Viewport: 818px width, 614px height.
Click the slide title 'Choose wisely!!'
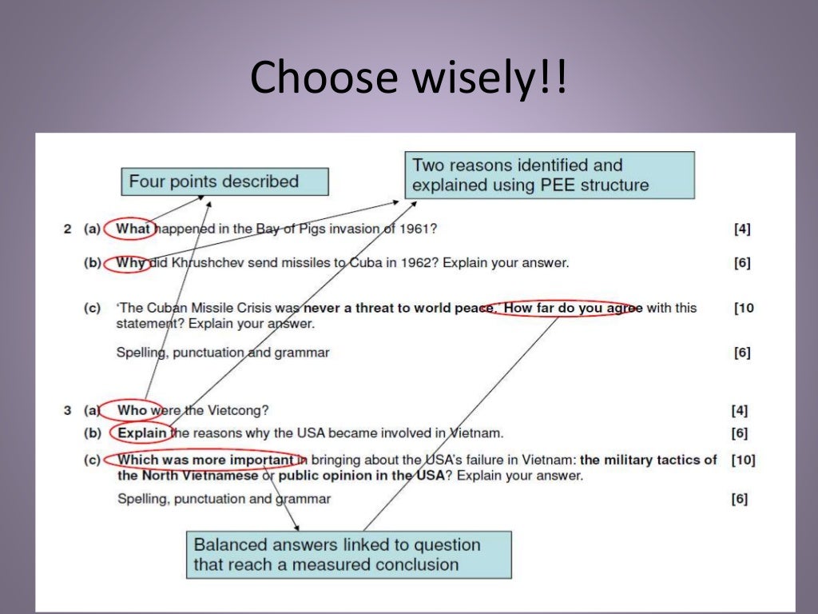click(409, 78)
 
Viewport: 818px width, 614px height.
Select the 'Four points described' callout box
click(224, 181)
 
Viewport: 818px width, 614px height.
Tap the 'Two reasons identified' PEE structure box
click(550, 176)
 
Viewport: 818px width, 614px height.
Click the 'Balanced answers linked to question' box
click(348, 555)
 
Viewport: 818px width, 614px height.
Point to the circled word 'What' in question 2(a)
click(132, 229)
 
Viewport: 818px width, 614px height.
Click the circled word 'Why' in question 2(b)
click(130, 262)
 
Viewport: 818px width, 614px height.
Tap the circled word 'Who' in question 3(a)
click(133, 410)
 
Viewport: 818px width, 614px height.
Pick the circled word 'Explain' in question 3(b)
click(142, 433)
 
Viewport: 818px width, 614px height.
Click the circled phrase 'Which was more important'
click(205, 460)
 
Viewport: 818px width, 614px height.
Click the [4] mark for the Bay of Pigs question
click(742, 229)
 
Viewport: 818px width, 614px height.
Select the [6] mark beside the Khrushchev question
click(742, 263)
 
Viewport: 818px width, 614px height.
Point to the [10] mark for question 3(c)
click(742, 460)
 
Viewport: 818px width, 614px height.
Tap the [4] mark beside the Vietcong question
click(739, 411)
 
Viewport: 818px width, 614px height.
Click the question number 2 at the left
click(67, 229)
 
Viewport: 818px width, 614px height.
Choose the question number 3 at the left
click(67, 411)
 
